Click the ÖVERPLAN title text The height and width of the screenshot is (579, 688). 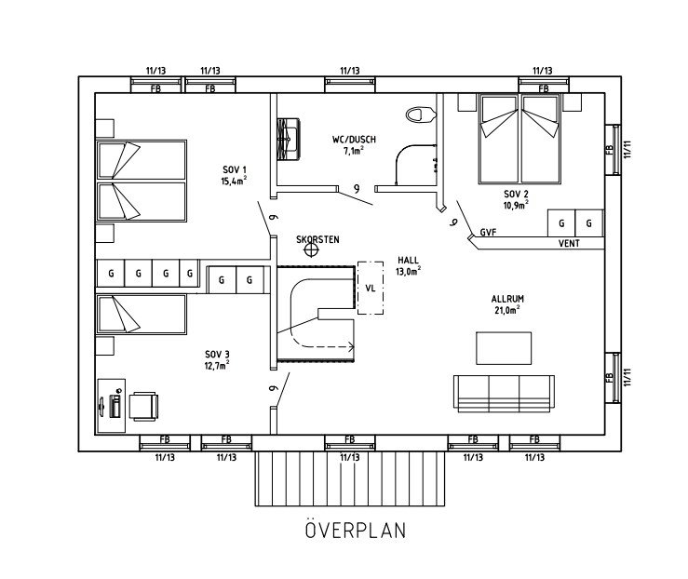pos(354,531)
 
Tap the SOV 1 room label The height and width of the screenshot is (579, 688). pos(234,169)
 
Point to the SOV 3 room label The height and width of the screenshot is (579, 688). pos(216,354)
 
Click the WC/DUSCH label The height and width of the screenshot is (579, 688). pos(354,139)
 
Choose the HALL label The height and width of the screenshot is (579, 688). pos(408,262)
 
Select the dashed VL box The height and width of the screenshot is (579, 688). pos(371,288)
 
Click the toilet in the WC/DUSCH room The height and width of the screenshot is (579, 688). pos(422,115)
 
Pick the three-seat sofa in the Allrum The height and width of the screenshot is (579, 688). pos(504,391)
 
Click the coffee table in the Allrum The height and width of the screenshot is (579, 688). pos(505,347)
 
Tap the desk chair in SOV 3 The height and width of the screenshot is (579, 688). pos(143,405)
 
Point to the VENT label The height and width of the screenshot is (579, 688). pos(569,244)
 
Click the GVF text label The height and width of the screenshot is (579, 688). pos(488,232)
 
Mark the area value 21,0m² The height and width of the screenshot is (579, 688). pos(507,310)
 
